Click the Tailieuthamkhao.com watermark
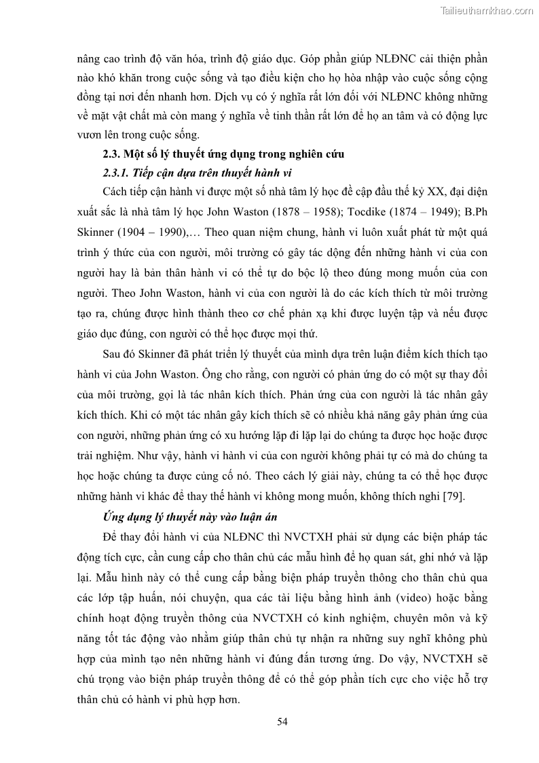[x=486, y=10]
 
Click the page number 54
[x=283, y=722]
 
